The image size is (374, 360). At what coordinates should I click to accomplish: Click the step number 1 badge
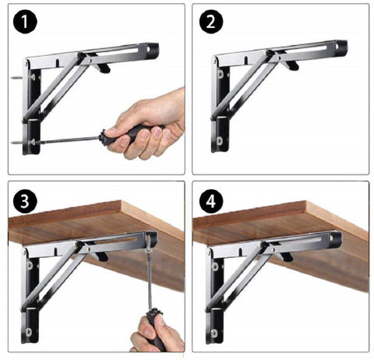click(25, 21)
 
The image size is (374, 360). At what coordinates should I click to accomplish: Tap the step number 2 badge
click(211, 21)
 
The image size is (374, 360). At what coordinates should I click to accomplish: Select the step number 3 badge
click(25, 201)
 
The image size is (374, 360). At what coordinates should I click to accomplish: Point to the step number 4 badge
click(211, 201)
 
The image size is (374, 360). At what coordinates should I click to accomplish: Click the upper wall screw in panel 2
click(221, 74)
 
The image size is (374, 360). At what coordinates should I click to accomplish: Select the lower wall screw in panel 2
click(220, 141)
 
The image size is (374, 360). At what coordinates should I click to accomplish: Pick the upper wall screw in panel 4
click(215, 266)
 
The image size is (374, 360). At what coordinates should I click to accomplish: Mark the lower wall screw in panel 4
click(214, 333)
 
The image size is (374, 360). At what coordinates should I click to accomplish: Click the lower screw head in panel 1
click(33, 142)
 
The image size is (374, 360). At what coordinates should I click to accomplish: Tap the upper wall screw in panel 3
click(30, 265)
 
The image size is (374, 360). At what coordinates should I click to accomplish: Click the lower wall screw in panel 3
click(28, 332)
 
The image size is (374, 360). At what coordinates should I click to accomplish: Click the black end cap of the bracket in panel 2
click(341, 47)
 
